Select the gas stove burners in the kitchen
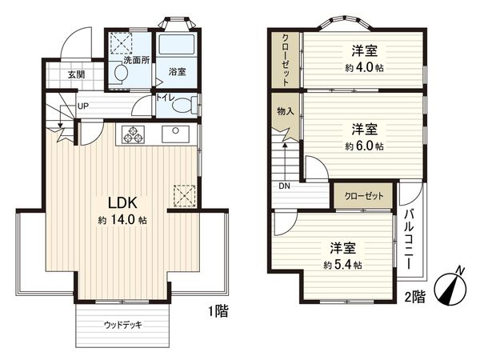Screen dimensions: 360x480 pyautogui.click(x=132, y=134)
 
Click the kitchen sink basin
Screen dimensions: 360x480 pyautogui.click(x=174, y=134)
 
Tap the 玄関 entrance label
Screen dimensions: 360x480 pyautogui.click(x=76, y=75)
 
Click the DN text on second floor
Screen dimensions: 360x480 pyautogui.click(x=285, y=186)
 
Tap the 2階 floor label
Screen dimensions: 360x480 pyautogui.click(x=414, y=296)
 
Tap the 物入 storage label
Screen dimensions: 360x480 pyautogui.click(x=285, y=110)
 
